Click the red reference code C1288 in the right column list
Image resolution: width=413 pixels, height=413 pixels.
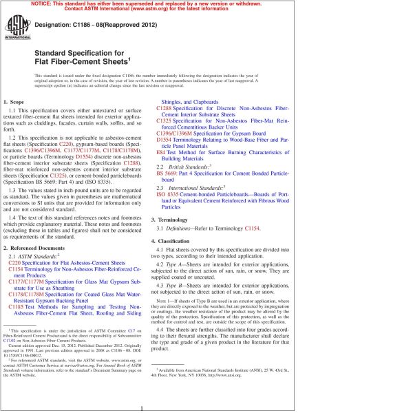(165, 109)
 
